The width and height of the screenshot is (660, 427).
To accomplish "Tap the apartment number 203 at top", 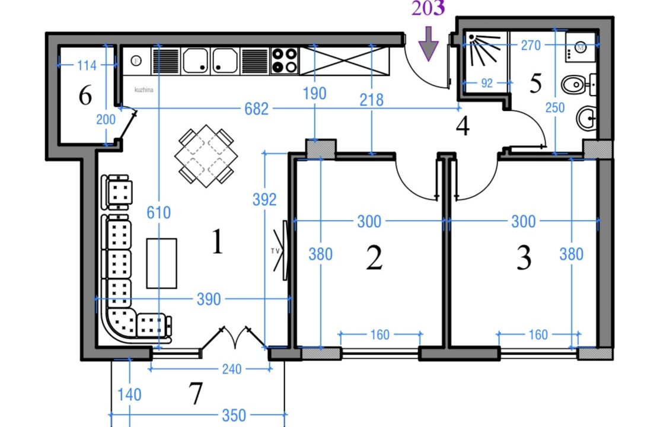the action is click(x=428, y=8).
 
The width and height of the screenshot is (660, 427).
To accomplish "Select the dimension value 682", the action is click(x=256, y=109).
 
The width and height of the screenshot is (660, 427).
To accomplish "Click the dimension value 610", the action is click(x=159, y=213).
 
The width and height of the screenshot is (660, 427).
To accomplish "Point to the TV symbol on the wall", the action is click(x=280, y=250).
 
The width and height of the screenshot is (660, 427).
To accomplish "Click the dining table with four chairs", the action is click(x=206, y=156).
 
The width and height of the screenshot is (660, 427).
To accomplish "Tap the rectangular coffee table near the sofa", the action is click(x=162, y=263).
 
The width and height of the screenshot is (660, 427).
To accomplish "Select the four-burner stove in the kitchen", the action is click(x=284, y=60).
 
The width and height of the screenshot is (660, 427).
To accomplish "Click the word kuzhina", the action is click(x=144, y=90).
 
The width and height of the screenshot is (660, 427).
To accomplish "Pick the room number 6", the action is click(x=85, y=95).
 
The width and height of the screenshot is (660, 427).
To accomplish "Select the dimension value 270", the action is click(x=530, y=45).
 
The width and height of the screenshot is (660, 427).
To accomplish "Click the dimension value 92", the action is click(x=487, y=83).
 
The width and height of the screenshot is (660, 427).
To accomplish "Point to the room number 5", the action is click(x=535, y=83).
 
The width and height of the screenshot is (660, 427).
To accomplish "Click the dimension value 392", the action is click(x=264, y=199).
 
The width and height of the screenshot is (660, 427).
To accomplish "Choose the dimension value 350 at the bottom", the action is click(x=234, y=416).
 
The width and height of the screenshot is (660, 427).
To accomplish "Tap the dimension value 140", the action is click(x=129, y=395).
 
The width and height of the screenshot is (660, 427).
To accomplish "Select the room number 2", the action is click(x=374, y=258).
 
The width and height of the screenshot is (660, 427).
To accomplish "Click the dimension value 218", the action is click(x=372, y=100).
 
